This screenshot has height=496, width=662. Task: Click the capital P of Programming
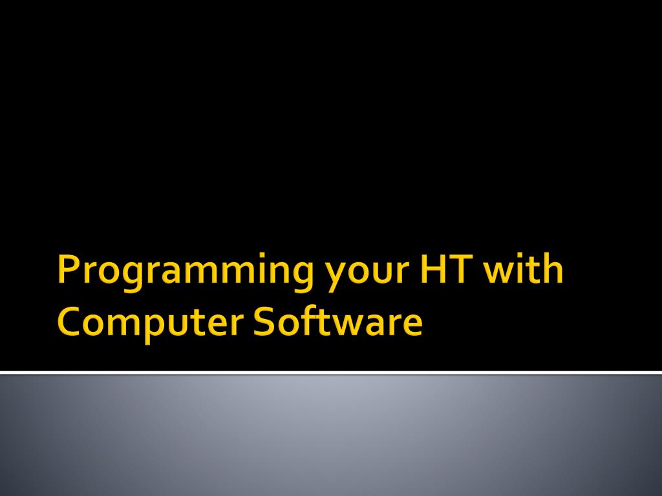[67, 270]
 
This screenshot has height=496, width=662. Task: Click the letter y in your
[334, 276]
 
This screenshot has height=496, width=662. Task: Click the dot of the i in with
[522, 259]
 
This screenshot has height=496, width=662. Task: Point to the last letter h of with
[553, 270]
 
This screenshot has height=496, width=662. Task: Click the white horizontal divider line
[331, 372]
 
